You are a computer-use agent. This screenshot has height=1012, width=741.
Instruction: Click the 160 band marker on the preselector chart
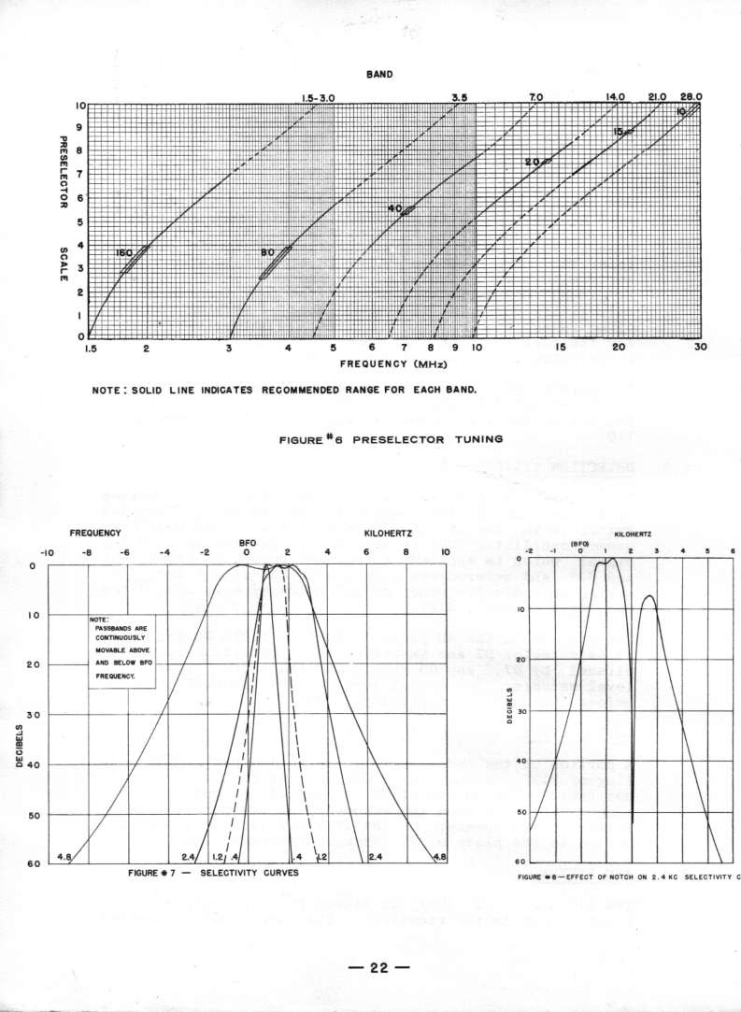click(125, 253)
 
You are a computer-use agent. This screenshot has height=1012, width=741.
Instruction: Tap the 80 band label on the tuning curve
click(268, 252)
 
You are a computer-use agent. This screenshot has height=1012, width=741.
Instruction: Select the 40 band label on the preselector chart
click(394, 208)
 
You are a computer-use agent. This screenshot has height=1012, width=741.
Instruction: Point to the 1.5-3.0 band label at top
click(318, 96)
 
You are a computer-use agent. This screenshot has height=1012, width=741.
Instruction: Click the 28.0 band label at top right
click(691, 96)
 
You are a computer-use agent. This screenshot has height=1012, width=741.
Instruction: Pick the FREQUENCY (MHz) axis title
click(392, 363)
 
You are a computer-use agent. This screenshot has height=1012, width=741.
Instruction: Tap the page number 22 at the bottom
click(378, 967)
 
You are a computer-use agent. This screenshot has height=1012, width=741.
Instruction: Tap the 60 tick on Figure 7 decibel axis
click(32, 863)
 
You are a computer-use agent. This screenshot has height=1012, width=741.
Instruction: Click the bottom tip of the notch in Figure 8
click(633, 823)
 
